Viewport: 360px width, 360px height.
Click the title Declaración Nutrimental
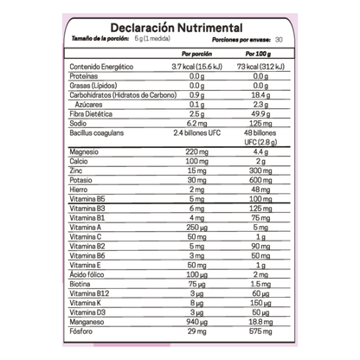[x=179, y=25]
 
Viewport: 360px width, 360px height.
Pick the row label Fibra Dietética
[x=93, y=112]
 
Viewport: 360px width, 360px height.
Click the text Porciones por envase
[x=228, y=39]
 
